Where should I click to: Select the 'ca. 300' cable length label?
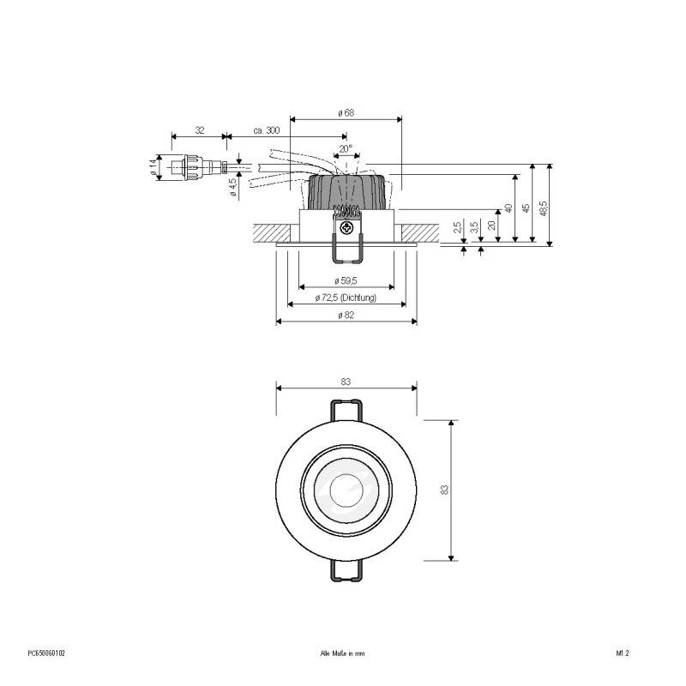click(267, 130)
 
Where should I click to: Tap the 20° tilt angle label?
click(346, 148)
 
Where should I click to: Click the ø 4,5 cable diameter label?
click(232, 187)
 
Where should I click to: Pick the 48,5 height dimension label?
click(544, 208)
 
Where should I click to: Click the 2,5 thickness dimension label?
click(457, 228)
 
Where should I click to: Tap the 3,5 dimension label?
click(473, 228)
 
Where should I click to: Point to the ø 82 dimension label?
click(346, 316)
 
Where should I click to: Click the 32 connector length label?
click(199, 130)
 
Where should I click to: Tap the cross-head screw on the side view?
click(346, 228)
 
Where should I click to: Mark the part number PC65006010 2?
click(46, 653)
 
